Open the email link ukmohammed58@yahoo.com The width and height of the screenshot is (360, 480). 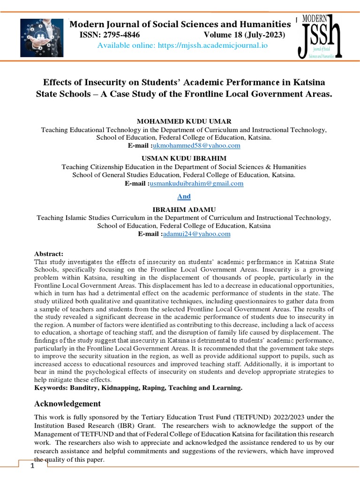(x=187, y=146)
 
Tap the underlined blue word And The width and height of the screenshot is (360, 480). (x=184, y=196)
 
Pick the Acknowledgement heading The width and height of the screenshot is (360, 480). (x=67, y=404)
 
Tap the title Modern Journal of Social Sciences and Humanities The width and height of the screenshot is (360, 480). (x=180, y=24)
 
